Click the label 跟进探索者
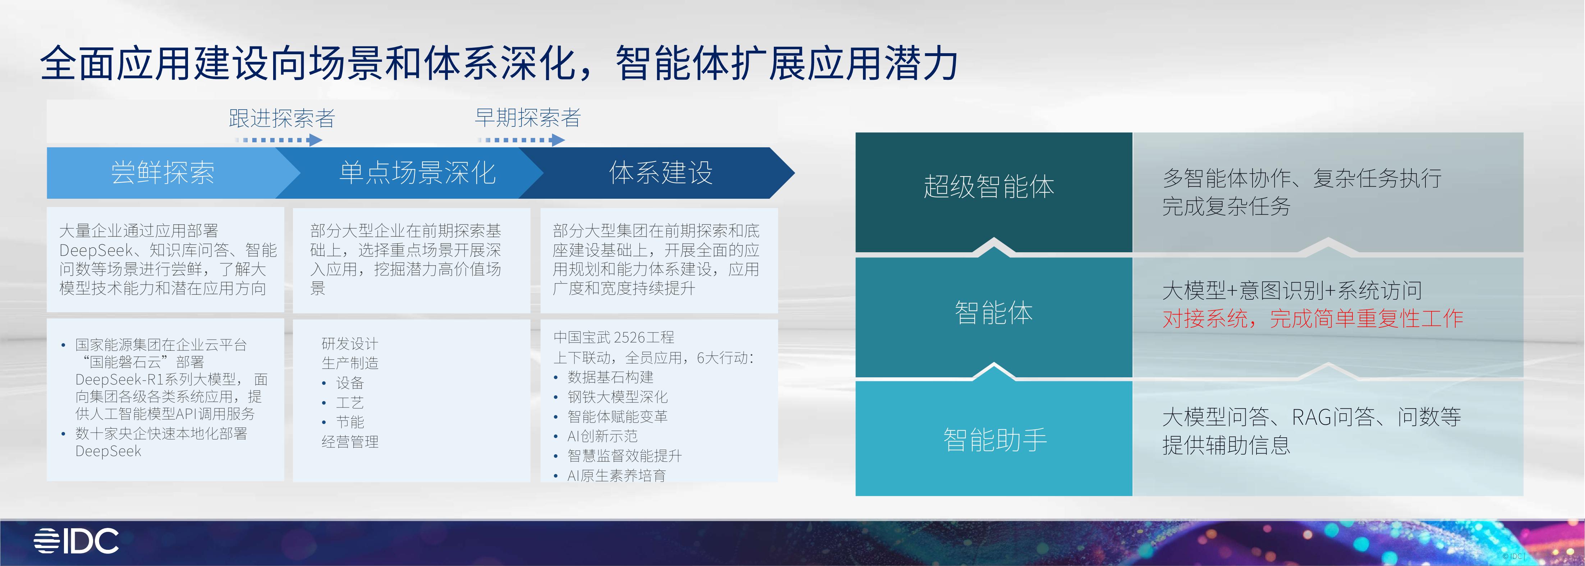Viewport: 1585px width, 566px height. click(x=282, y=118)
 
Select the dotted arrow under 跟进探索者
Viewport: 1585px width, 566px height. click(x=278, y=140)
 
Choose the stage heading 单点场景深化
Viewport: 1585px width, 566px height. click(x=417, y=173)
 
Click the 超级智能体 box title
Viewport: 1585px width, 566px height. click(x=989, y=187)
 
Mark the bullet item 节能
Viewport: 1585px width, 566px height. click(x=349, y=422)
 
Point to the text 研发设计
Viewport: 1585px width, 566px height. click(x=349, y=343)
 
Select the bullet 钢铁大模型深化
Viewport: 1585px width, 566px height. click(x=617, y=397)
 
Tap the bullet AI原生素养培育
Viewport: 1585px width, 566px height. click(x=616, y=475)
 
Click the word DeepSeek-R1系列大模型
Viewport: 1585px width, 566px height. click(x=155, y=379)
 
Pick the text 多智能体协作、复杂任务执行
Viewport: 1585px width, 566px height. click(x=1301, y=178)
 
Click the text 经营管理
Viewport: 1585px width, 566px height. click(x=349, y=442)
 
